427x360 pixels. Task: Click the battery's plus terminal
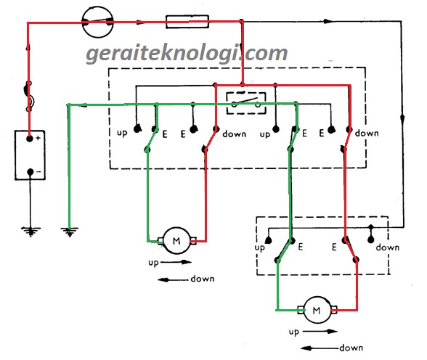click(x=30, y=137)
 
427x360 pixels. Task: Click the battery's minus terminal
click(x=30, y=173)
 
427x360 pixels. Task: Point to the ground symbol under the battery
click(x=30, y=232)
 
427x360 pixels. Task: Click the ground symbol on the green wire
click(x=70, y=232)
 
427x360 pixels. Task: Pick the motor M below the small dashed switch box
click(x=317, y=310)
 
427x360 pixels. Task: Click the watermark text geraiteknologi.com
click(x=187, y=53)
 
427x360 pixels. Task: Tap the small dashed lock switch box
click(x=245, y=102)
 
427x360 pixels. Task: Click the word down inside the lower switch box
click(x=388, y=247)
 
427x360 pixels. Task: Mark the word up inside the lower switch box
click(x=260, y=247)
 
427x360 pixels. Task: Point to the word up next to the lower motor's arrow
click(x=294, y=332)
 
